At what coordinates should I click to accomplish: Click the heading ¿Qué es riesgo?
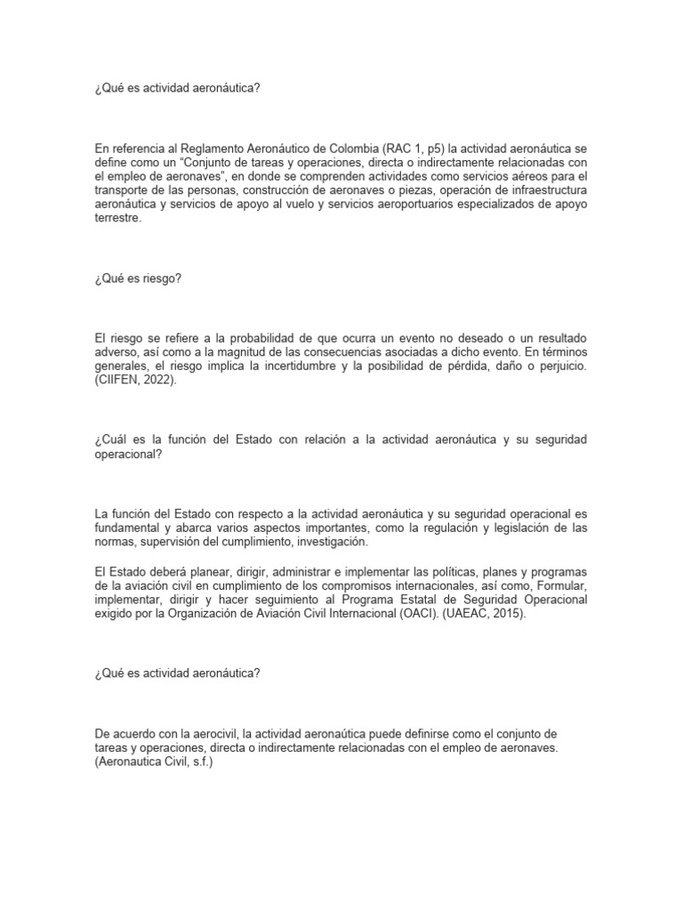point(137,278)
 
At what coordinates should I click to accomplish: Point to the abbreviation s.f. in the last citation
point(193,762)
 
